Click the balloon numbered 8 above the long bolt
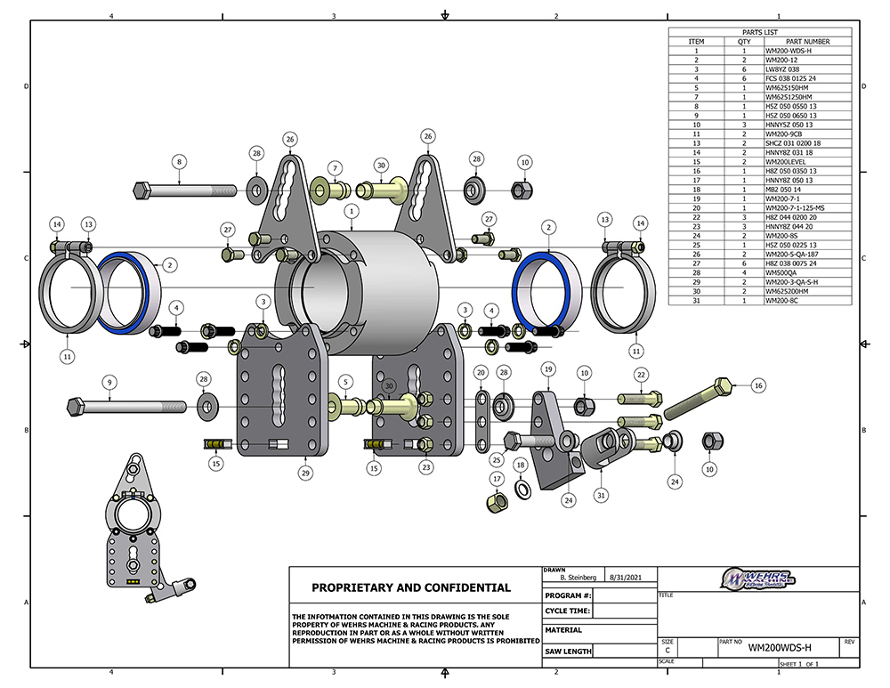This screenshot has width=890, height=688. click(x=179, y=162)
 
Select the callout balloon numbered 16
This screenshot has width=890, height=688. click(x=758, y=385)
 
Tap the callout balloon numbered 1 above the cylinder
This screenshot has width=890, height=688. click(x=352, y=212)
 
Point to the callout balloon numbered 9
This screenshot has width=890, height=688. click(x=109, y=383)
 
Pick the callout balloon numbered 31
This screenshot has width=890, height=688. click(x=602, y=495)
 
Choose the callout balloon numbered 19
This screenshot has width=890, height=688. click(x=548, y=368)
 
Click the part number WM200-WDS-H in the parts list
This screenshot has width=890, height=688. click(x=788, y=52)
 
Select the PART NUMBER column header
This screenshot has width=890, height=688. click(x=808, y=42)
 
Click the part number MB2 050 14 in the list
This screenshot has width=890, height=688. click(x=783, y=190)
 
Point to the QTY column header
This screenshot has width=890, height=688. click(x=745, y=42)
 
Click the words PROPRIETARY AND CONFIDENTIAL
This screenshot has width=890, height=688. click(x=411, y=587)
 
